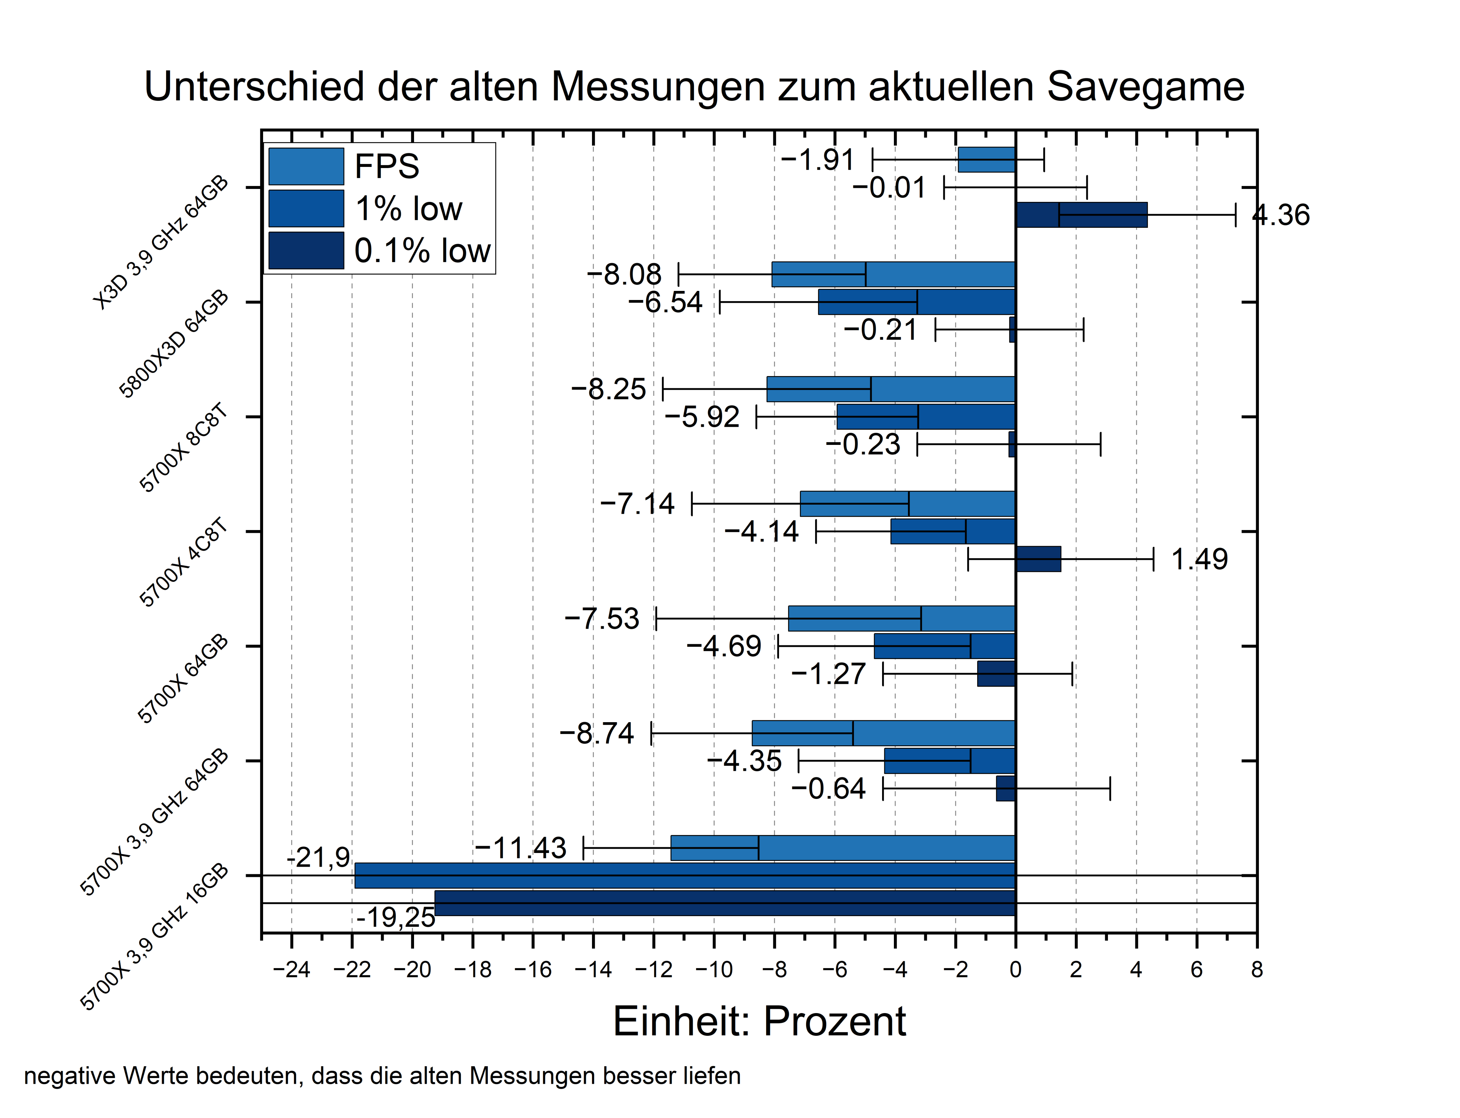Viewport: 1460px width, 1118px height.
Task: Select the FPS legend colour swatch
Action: (x=306, y=167)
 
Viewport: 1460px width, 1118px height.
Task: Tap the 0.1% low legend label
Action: (x=422, y=251)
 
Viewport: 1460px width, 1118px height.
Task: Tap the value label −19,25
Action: (x=395, y=918)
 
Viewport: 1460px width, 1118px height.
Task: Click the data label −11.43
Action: (x=521, y=848)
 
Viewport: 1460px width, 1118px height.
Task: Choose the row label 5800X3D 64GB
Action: (x=175, y=345)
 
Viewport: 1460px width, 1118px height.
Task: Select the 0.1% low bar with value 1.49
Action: (x=1038, y=559)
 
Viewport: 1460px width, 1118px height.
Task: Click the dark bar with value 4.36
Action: (x=1081, y=215)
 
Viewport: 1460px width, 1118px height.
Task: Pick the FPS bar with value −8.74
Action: (x=883, y=733)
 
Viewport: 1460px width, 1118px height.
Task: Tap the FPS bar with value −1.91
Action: (x=986, y=160)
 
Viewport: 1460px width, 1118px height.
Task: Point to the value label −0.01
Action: (x=889, y=188)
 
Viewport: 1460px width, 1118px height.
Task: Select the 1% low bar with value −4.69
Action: (x=944, y=646)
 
